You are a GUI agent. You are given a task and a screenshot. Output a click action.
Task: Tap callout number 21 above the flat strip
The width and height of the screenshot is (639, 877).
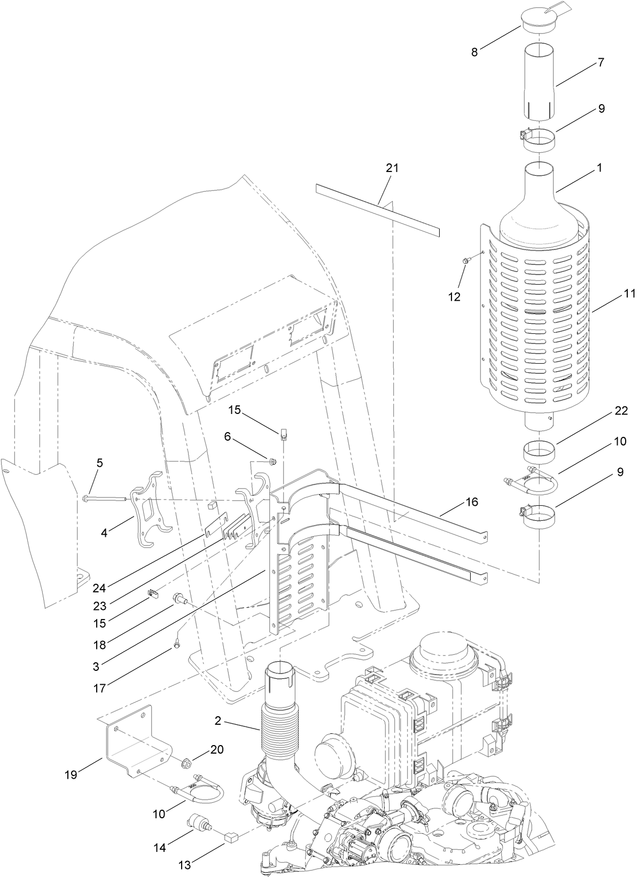coord(392,168)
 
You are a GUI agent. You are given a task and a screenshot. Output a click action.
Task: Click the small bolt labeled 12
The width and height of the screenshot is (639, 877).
coord(465,260)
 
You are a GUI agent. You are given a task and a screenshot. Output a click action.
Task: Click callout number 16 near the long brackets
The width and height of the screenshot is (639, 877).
coord(472,502)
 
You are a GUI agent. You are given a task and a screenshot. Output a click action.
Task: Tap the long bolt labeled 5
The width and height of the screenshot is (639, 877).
coord(104,498)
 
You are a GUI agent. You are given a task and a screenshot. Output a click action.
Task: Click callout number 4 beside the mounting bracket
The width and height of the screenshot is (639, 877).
coord(105,533)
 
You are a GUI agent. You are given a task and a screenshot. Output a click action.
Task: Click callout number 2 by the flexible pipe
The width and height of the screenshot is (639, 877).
coord(218,721)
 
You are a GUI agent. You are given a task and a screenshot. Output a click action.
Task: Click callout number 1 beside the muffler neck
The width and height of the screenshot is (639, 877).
coord(599,168)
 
